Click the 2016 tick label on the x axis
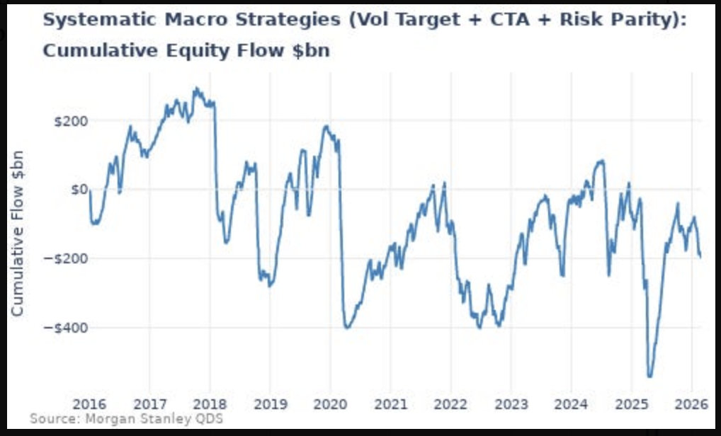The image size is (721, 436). click(x=90, y=405)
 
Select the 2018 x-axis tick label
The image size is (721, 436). click(x=210, y=405)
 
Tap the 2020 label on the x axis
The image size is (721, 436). click(x=330, y=405)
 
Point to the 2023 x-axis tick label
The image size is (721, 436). click(x=511, y=405)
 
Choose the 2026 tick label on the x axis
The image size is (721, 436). click(x=691, y=405)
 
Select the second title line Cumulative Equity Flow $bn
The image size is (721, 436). click(x=186, y=52)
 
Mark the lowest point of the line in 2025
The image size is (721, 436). click(x=649, y=377)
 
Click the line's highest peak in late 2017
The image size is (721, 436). click(x=195, y=89)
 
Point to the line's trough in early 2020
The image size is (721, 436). click(x=347, y=328)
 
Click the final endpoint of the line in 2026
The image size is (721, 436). click(x=700, y=257)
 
